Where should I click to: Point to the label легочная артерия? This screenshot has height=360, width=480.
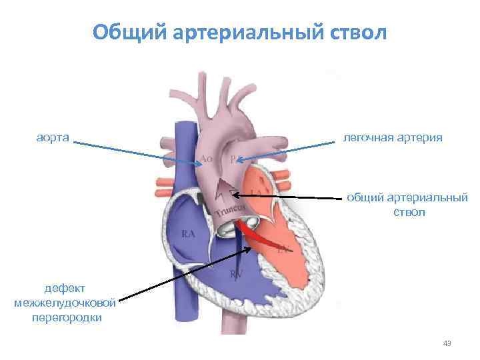point(393,137)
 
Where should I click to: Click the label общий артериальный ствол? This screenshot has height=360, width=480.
point(406,205)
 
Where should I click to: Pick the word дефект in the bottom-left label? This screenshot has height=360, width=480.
point(64,289)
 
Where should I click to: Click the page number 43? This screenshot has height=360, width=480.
point(447,343)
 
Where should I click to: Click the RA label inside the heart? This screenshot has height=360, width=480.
point(189,234)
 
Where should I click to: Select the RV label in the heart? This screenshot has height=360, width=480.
point(236,273)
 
